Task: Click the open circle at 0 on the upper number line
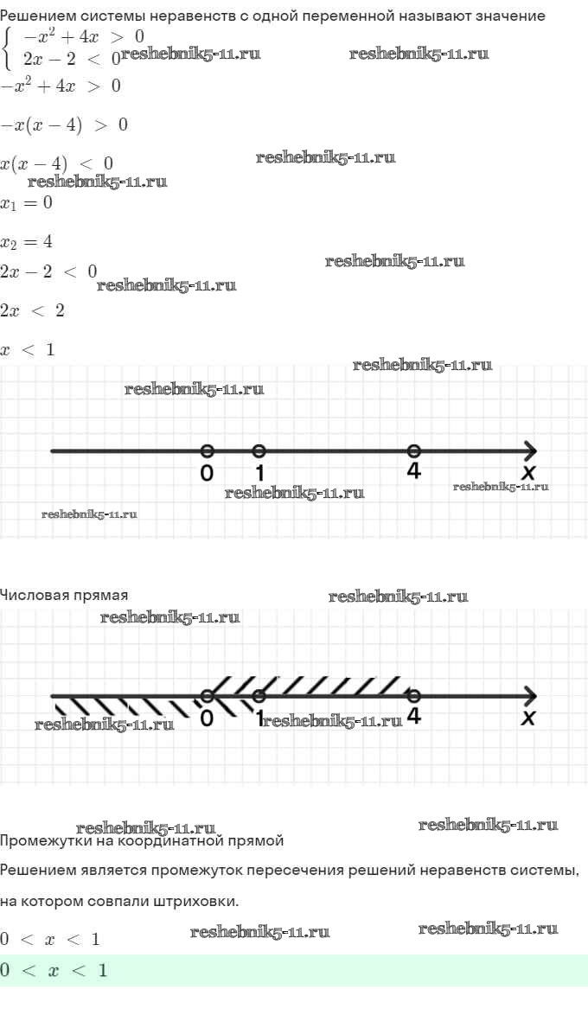(207, 451)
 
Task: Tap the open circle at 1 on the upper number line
(259, 451)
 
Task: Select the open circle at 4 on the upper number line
(414, 451)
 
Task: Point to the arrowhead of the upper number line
(531, 451)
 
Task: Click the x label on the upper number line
(530, 473)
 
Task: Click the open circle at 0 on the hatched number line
(207, 697)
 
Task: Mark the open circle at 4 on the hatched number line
(414, 697)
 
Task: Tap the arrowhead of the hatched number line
(531, 697)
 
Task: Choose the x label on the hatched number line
(530, 718)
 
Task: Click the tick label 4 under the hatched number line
(414, 716)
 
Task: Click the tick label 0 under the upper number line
(207, 473)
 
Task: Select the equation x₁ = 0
(26, 203)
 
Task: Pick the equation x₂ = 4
(26, 242)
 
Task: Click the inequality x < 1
(28, 350)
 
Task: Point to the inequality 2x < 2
(32, 310)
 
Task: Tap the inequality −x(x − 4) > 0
(64, 125)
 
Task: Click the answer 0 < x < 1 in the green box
(54, 970)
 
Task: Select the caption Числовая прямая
(64, 595)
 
